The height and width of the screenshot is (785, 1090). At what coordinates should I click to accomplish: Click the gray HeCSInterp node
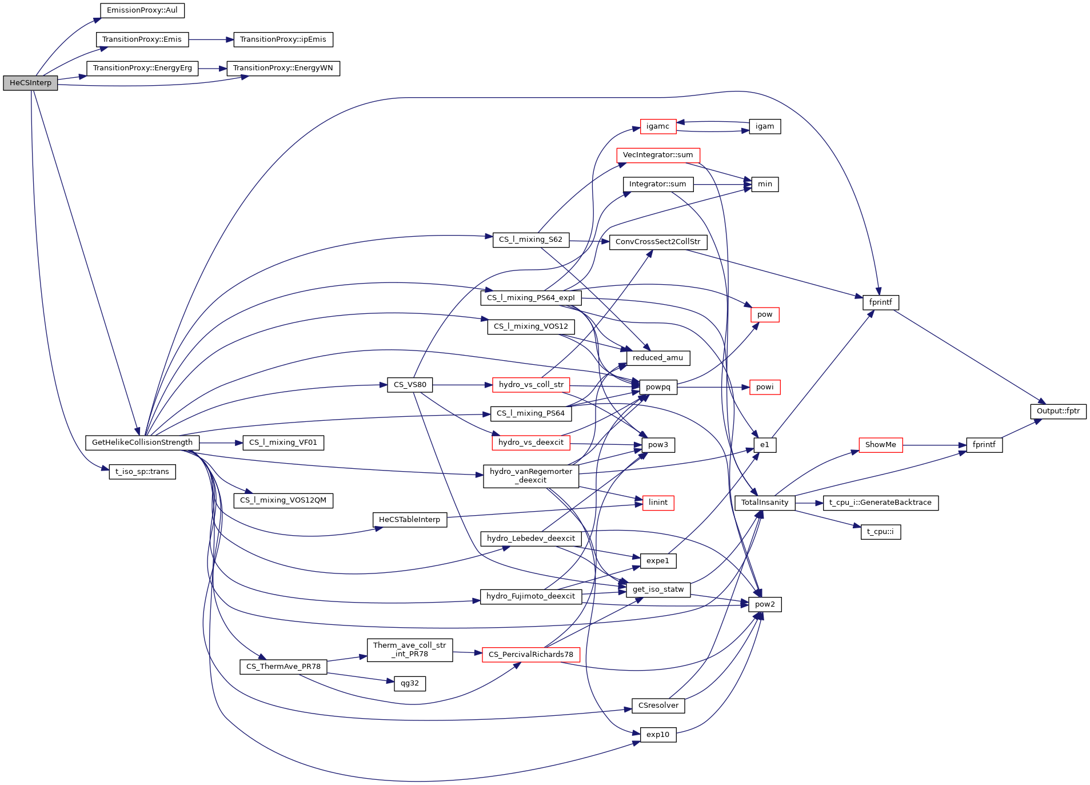(x=30, y=83)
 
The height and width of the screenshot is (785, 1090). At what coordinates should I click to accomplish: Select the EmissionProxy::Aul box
(x=142, y=10)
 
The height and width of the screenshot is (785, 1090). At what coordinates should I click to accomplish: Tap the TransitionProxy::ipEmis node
(x=283, y=39)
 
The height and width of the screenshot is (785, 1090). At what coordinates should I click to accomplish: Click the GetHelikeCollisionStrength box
(x=142, y=443)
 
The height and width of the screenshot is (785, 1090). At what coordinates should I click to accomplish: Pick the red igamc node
(x=658, y=126)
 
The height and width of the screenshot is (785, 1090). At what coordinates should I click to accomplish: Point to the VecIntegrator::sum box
(x=658, y=155)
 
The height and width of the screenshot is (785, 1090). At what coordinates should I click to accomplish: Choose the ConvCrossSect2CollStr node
(x=658, y=242)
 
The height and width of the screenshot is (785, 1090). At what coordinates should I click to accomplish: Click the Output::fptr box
(x=1058, y=411)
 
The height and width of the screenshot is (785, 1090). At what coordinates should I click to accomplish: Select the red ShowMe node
(x=880, y=445)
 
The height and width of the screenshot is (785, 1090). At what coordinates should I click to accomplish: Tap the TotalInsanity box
(x=765, y=503)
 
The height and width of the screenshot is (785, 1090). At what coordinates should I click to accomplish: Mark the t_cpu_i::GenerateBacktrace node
(x=880, y=503)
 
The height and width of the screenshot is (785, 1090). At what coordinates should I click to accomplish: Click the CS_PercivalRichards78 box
(x=530, y=655)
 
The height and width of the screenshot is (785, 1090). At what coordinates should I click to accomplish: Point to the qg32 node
(x=410, y=683)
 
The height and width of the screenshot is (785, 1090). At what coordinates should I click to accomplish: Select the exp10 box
(x=658, y=735)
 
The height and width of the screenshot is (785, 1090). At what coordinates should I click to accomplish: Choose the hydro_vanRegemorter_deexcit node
(x=530, y=476)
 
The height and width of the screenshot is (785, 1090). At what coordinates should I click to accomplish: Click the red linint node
(x=658, y=503)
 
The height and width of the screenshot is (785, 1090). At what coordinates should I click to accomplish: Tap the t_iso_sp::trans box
(x=142, y=472)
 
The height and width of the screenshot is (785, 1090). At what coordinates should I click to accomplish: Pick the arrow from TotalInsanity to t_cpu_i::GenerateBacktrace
(x=809, y=503)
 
